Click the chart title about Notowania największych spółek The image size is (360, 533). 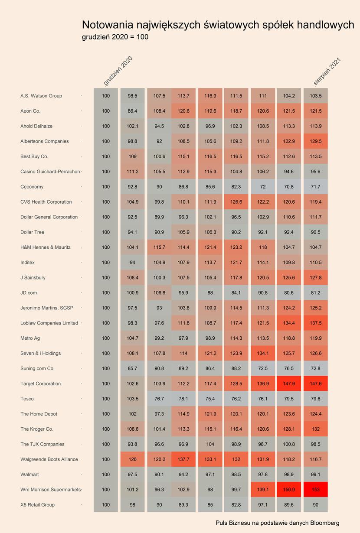(x=218, y=25)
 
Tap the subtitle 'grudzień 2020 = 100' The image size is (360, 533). (x=115, y=37)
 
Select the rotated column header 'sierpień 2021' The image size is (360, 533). (x=327, y=71)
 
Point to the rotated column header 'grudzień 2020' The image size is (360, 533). (x=118, y=71)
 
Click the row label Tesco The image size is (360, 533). (x=27, y=399)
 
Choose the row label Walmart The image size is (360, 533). (x=29, y=474)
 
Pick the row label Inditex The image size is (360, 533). (x=27, y=263)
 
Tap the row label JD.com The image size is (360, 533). (x=29, y=292)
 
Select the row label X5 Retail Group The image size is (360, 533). (x=37, y=505)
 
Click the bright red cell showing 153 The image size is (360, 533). (x=316, y=490)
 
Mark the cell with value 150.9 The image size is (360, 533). (x=289, y=490)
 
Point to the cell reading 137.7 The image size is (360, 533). (x=183, y=459)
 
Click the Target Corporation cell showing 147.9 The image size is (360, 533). (x=289, y=383)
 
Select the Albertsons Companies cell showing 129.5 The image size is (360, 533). (x=316, y=141)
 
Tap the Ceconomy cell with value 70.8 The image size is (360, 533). (x=289, y=186)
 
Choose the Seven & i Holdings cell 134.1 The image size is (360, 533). (x=263, y=353)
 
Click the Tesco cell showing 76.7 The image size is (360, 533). (x=159, y=399)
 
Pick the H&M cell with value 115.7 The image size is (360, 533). (x=159, y=247)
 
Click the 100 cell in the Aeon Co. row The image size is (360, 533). (x=106, y=111)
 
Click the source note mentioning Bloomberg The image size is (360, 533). (x=278, y=523)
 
